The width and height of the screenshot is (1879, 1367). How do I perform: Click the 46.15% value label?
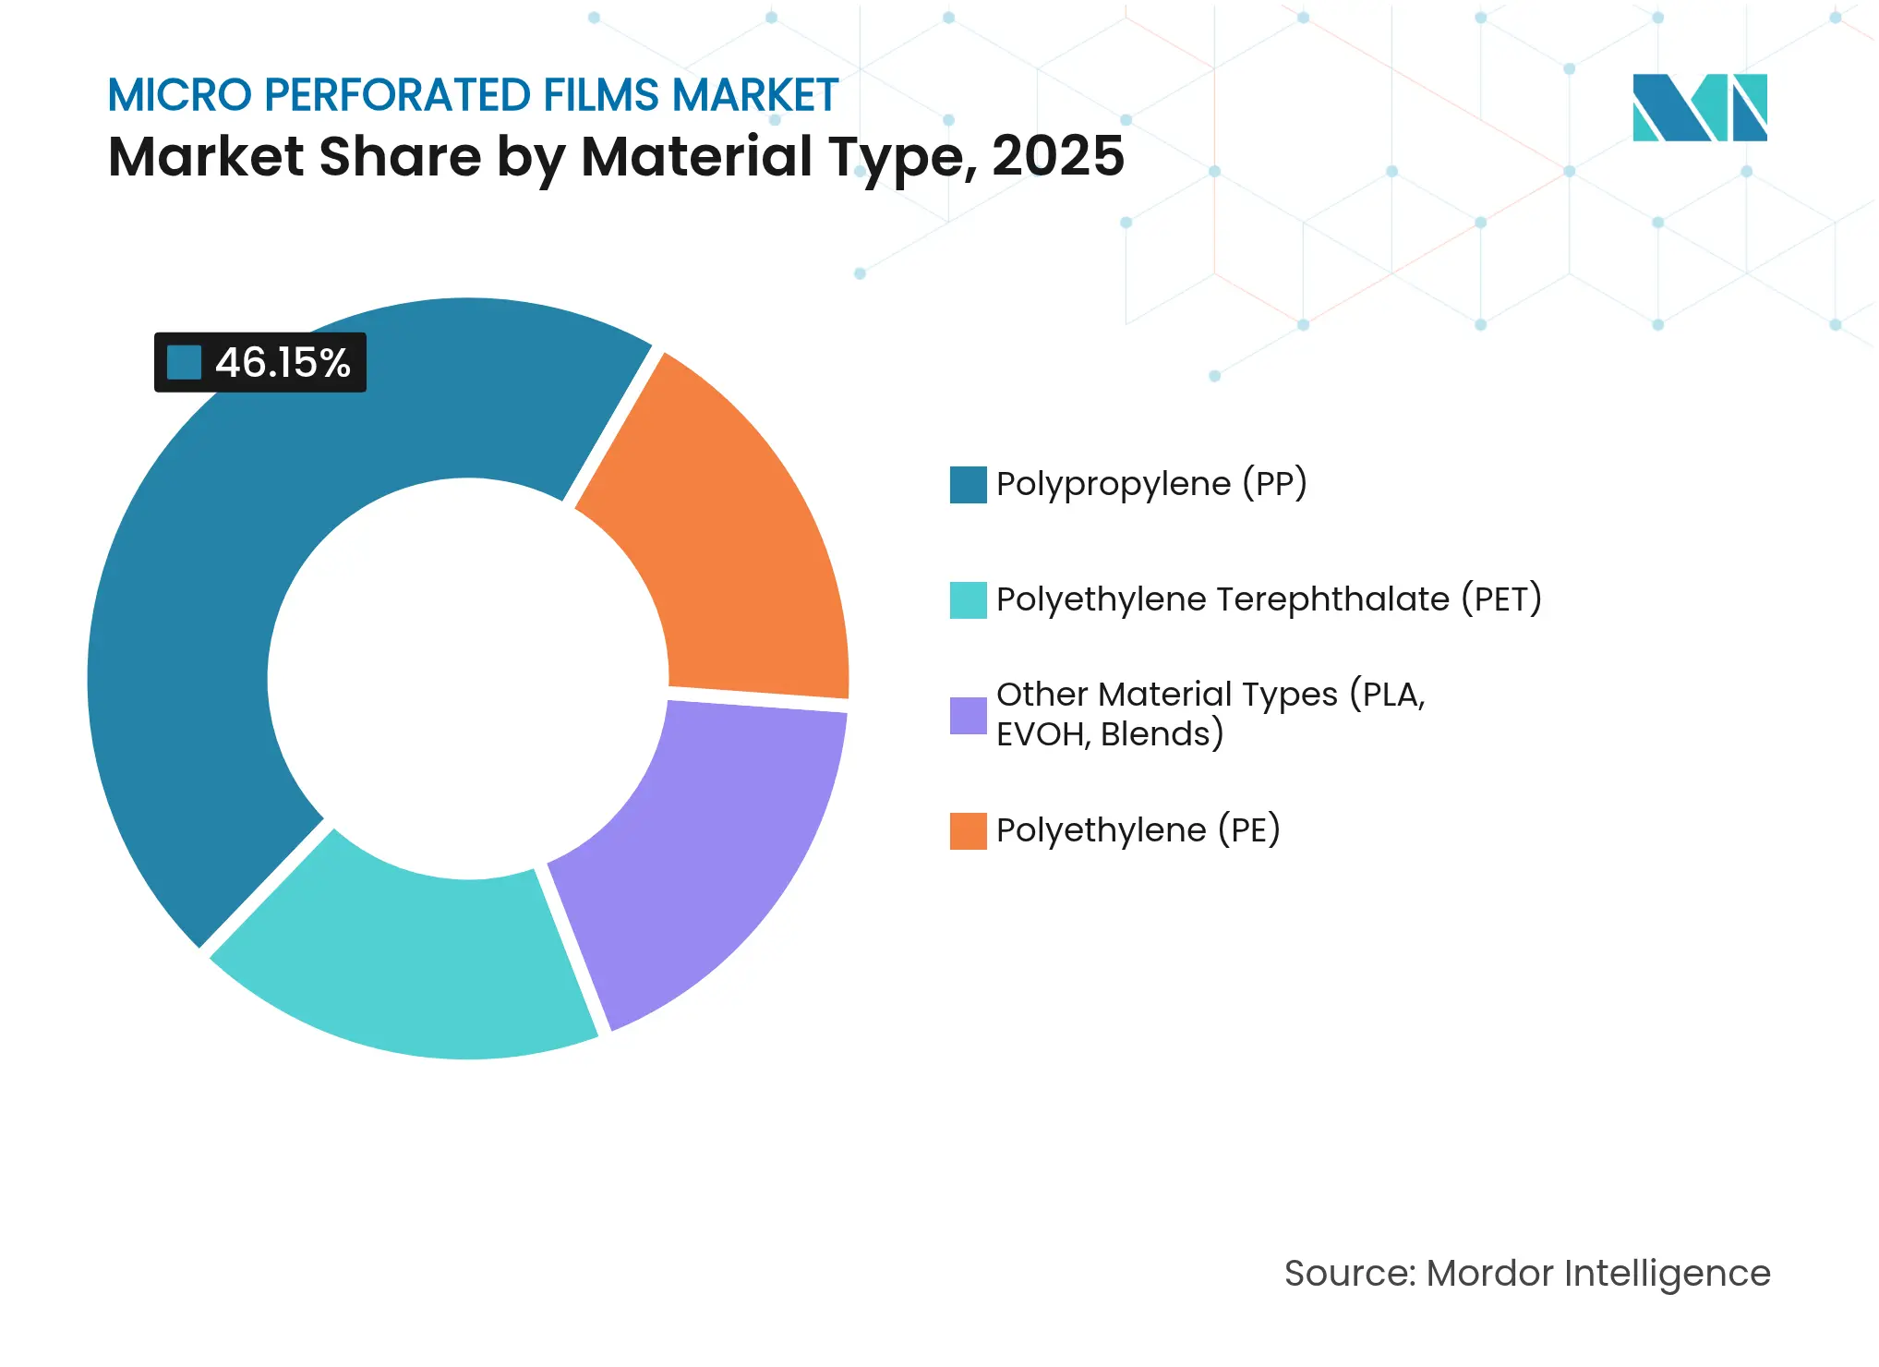[283, 363]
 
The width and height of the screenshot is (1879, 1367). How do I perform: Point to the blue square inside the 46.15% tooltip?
[184, 363]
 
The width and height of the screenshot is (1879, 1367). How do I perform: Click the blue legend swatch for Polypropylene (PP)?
[968, 485]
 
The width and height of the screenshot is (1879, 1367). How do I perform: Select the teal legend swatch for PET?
[968, 600]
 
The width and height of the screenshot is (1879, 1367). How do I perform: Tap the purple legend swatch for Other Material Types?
[968, 716]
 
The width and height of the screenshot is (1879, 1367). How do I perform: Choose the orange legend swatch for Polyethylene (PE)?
[968, 831]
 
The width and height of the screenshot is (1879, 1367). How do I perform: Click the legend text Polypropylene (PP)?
[1150, 484]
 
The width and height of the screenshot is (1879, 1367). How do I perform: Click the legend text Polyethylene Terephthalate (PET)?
[1269, 599]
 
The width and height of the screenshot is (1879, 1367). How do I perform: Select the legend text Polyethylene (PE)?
[1138, 830]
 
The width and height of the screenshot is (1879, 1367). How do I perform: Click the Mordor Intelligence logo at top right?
[1699, 107]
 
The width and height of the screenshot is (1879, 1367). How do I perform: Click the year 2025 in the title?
[1058, 156]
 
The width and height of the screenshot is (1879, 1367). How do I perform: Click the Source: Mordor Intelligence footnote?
[1527, 1274]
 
